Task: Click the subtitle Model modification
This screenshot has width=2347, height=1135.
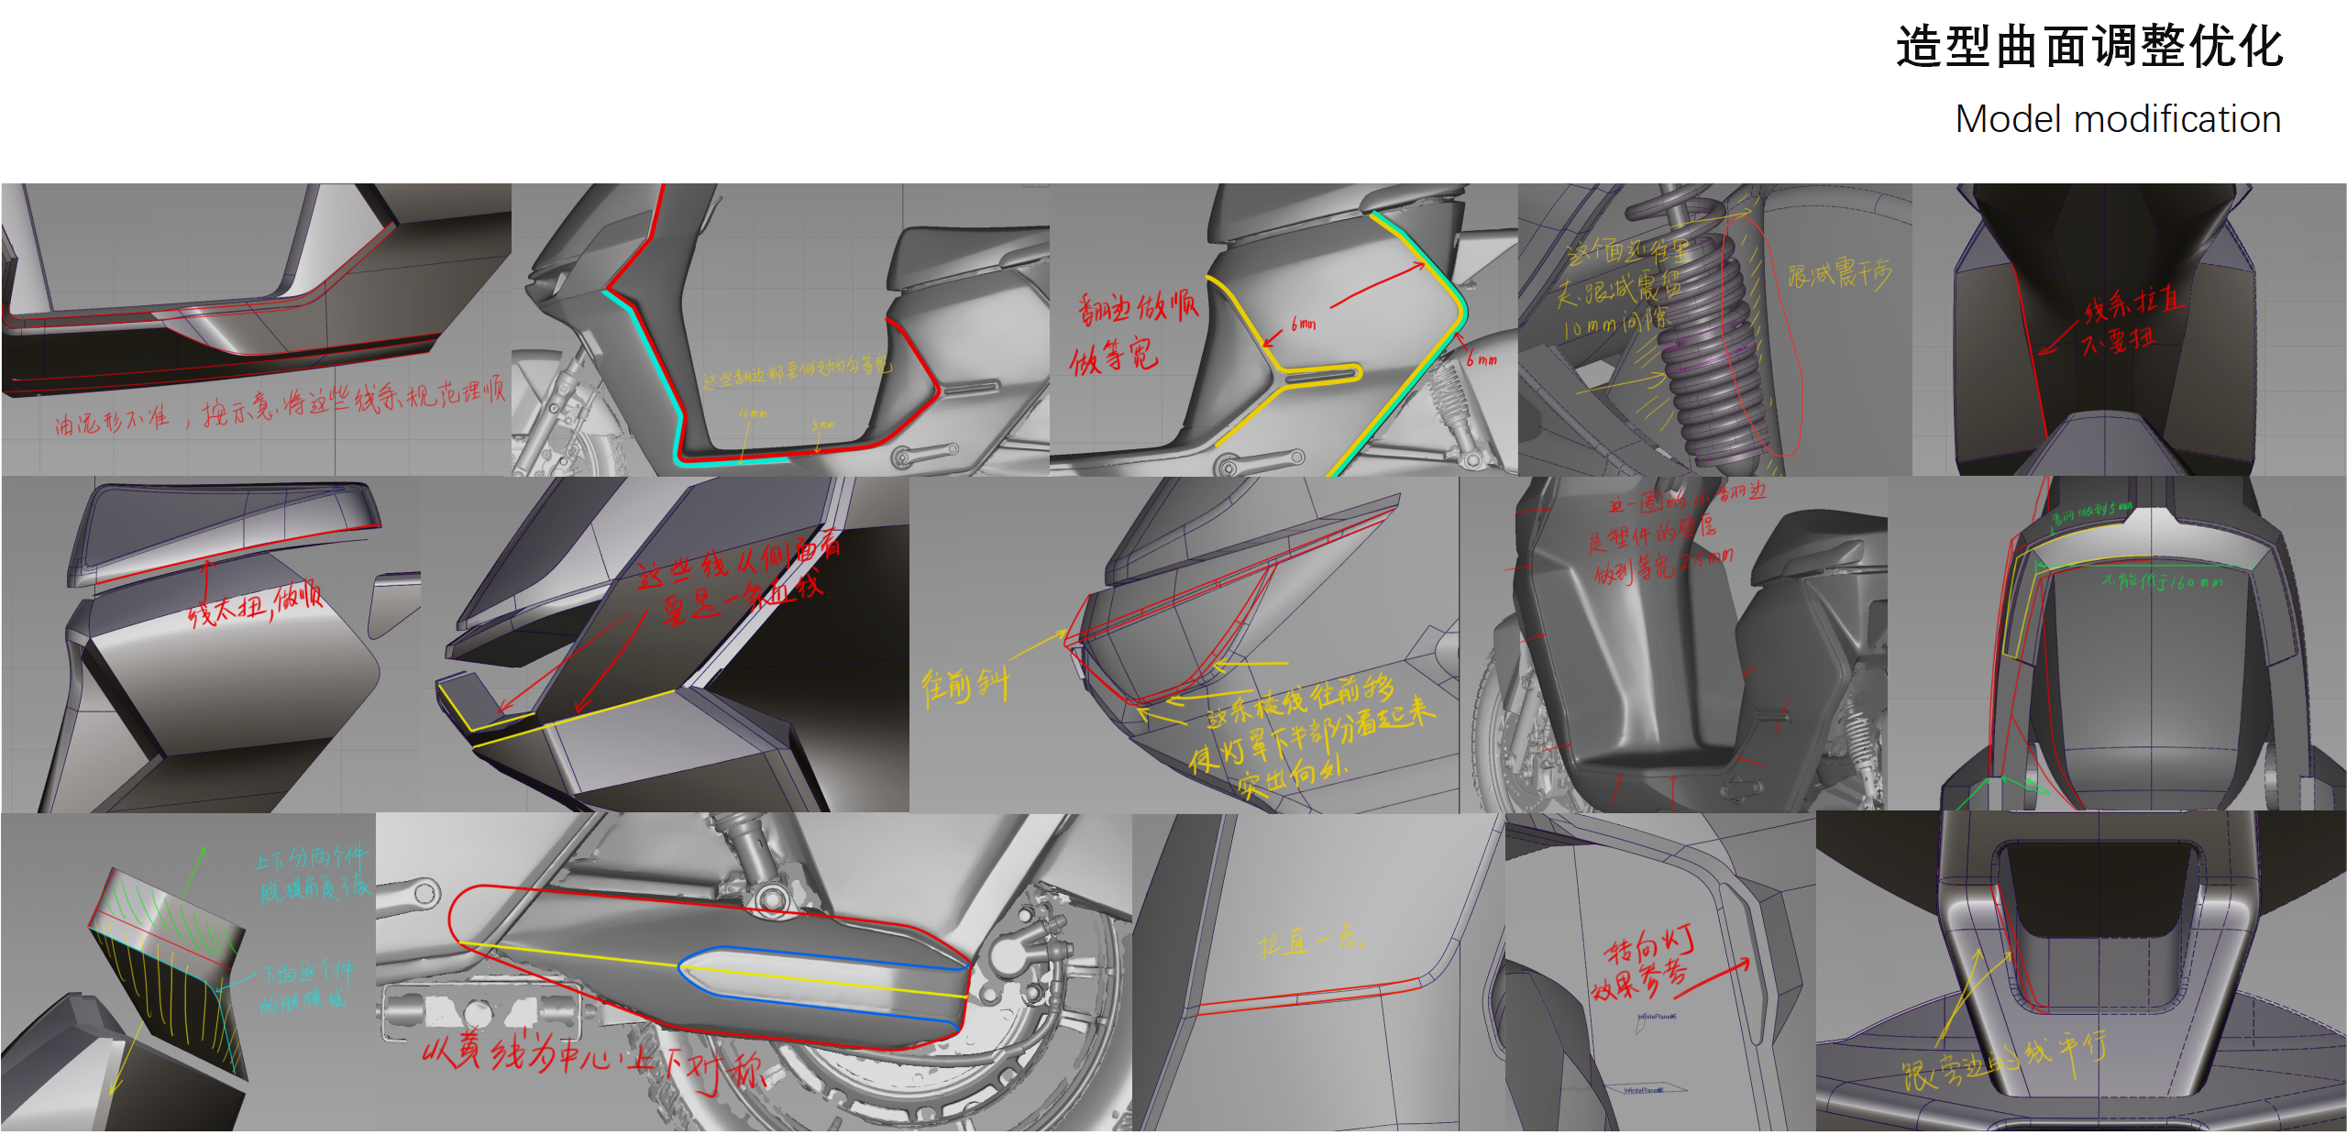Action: coord(2118,119)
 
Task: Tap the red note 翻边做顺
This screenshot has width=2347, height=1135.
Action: coord(1137,307)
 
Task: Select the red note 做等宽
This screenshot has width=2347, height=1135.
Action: coord(1114,356)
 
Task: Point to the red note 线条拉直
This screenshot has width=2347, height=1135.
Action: coord(2132,303)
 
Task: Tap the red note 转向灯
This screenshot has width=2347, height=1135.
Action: coord(1649,944)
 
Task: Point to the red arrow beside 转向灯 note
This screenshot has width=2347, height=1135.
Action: coord(1714,977)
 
